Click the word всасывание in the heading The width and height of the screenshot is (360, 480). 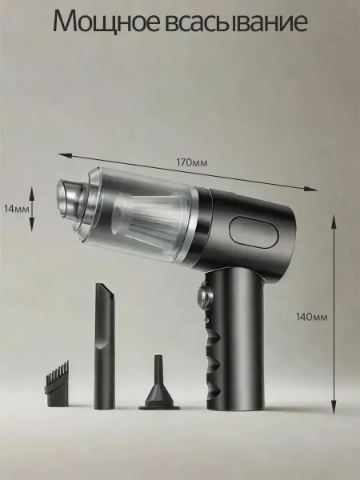(238, 22)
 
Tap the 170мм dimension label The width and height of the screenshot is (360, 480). (192, 162)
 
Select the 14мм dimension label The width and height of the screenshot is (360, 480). (17, 209)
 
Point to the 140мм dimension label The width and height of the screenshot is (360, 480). (312, 317)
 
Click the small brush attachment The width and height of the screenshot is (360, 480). (58, 385)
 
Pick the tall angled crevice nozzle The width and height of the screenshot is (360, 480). (105, 346)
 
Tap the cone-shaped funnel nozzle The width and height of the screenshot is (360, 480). (159, 384)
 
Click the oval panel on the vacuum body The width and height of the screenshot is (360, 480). (254, 232)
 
